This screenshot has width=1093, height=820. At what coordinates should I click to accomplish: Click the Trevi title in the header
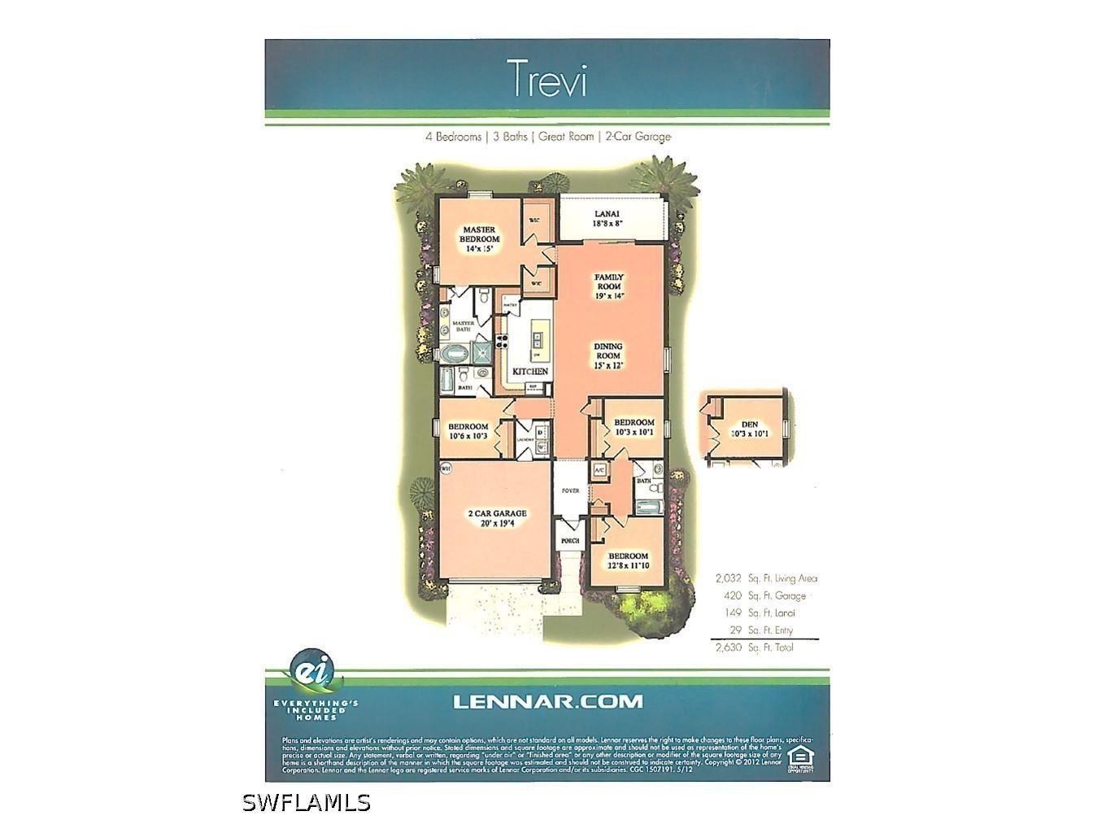point(547,79)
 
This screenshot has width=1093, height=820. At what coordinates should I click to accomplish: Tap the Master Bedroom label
point(480,239)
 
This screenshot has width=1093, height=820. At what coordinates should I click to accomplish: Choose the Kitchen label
point(529,371)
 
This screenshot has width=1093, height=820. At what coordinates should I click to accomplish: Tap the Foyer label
point(570,491)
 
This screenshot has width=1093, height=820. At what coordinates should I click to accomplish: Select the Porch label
point(570,541)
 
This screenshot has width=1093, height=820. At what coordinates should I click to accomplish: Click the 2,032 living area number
point(728,578)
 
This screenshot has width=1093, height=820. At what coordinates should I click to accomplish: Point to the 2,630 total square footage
point(728,648)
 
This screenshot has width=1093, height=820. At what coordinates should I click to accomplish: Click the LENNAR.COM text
point(546,701)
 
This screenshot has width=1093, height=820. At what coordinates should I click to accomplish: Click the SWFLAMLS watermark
point(307,802)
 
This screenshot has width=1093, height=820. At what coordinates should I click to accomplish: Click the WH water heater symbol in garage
point(446,469)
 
